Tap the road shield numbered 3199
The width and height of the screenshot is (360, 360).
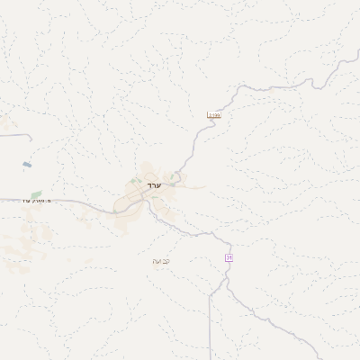[x=213, y=115]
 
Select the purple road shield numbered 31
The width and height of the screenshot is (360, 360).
[x=229, y=258]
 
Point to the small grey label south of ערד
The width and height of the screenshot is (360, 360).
[x=161, y=261]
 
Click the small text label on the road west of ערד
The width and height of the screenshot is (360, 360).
[x=37, y=200]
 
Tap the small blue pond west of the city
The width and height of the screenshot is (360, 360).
[x=26, y=166]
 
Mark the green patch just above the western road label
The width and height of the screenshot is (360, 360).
[x=36, y=193]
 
